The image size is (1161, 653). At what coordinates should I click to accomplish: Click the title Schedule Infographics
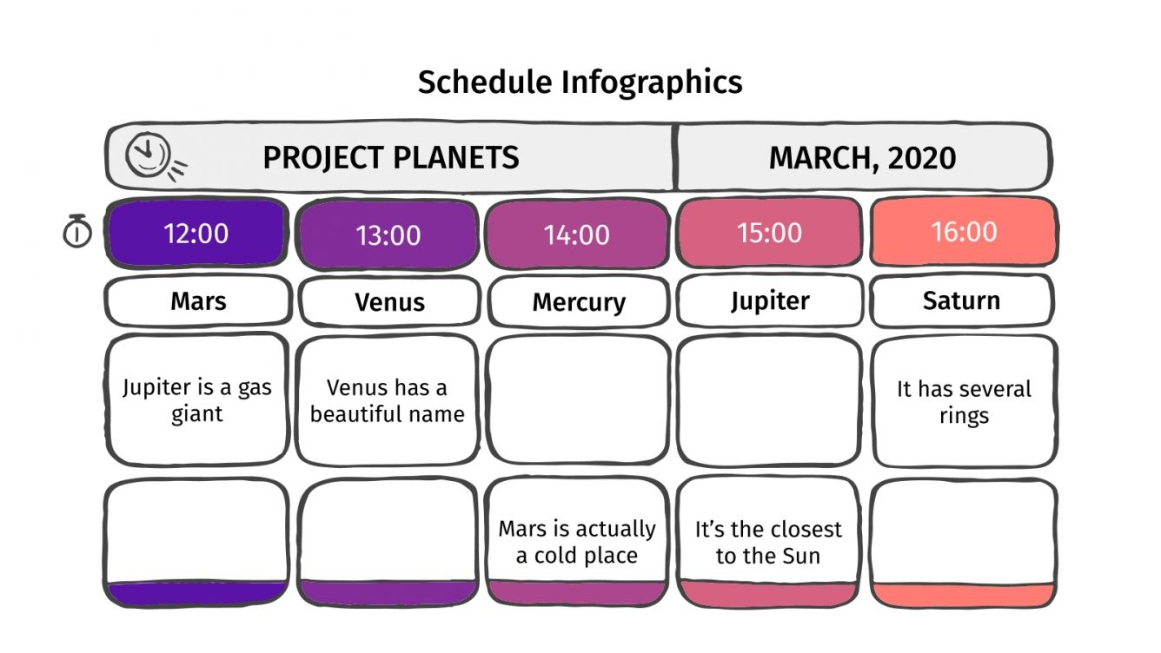point(580,82)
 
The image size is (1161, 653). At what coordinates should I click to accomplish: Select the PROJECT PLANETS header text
point(391,158)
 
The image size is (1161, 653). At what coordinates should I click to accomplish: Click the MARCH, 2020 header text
point(862,158)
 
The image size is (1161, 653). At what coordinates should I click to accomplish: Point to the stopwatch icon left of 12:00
point(77,232)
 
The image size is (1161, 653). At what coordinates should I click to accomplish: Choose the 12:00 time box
point(196,234)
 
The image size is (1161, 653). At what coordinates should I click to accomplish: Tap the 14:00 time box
point(577,234)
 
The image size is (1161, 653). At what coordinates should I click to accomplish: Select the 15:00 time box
point(769,233)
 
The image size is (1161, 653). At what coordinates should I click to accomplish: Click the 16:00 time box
point(964,232)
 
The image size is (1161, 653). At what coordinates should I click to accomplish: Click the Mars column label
point(198,301)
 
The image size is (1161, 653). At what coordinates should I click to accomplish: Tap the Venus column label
point(389,302)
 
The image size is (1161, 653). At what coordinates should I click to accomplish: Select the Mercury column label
point(579,302)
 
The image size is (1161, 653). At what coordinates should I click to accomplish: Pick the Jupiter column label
point(770,300)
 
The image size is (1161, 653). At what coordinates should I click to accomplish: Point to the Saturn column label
point(961,300)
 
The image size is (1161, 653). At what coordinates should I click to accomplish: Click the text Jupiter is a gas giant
point(196,400)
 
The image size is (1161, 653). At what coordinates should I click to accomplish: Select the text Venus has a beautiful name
point(388,400)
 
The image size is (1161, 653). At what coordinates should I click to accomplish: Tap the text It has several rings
point(964,402)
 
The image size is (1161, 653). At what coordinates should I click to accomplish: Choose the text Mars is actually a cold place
point(577,542)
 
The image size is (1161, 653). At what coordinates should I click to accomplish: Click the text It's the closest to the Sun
point(768,542)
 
